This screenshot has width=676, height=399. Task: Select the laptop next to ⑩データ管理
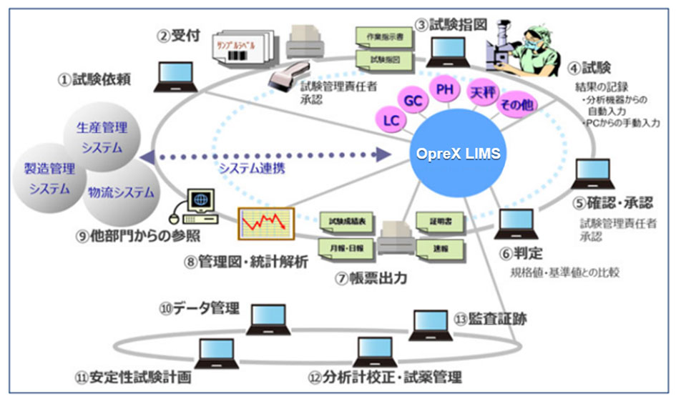click(268, 320)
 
